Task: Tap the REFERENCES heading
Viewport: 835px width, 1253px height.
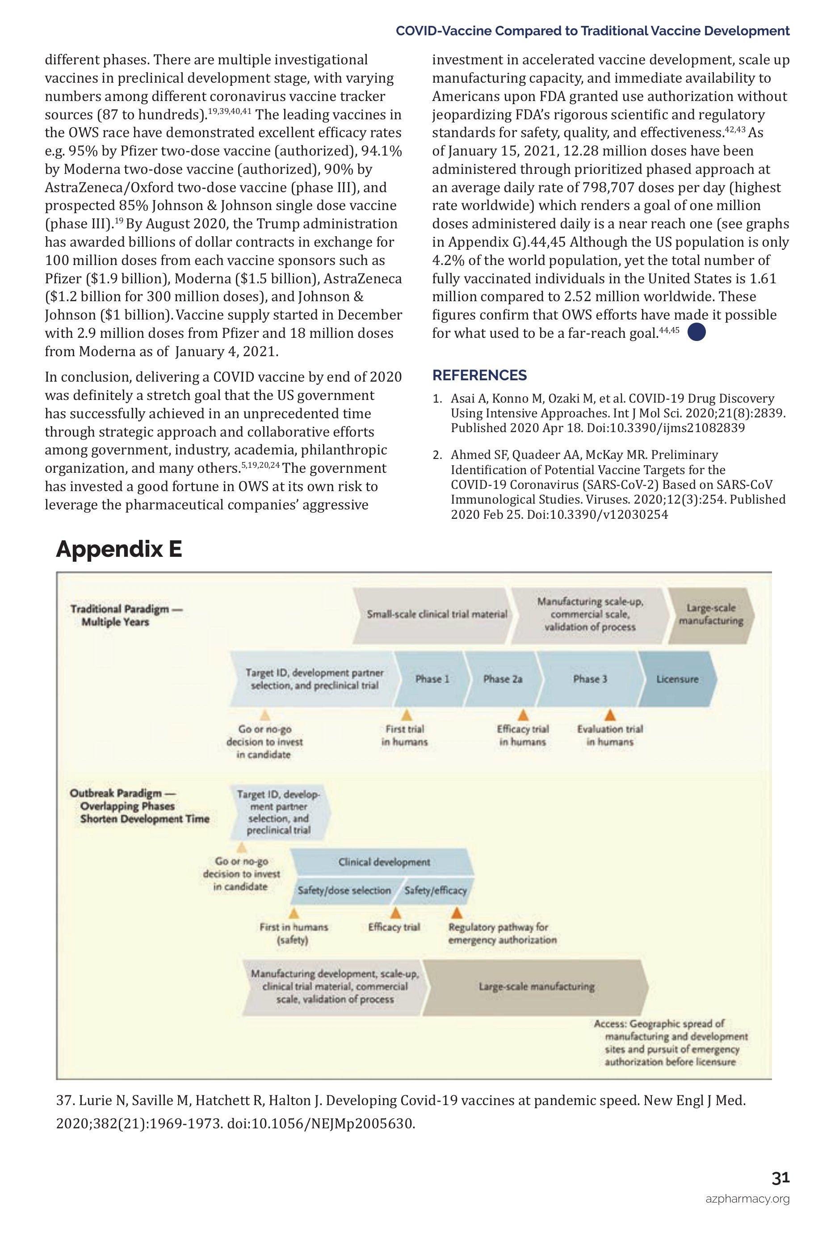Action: tap(479, 375)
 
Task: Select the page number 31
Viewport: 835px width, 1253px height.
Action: tap(780, 1178)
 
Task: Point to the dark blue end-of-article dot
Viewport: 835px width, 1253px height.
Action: tap(697, 333)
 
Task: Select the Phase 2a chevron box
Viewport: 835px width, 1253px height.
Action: tap(502, 679)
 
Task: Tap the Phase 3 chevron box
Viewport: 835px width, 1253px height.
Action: tap(590, 679)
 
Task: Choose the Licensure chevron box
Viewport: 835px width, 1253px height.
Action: tap(677, 679)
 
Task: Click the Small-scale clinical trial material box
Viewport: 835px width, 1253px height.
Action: tap(436, 614)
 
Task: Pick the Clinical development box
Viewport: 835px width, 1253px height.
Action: tap(384, 862)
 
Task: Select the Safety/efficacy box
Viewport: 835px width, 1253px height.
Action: tap(435, 890)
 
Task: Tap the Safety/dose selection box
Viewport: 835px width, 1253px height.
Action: tap(344, 890)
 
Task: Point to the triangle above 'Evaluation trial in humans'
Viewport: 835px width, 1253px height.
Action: tap(610, 715)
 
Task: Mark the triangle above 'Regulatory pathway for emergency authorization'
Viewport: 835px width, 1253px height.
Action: tap(456, 913)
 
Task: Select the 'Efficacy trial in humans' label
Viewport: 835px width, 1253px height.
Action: tap(522, 736)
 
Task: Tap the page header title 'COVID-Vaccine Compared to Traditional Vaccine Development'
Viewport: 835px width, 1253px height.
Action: tap(592, 31)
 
